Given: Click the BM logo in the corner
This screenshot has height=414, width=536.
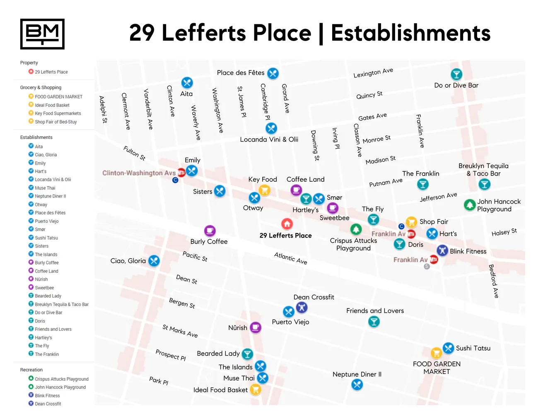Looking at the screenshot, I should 42,34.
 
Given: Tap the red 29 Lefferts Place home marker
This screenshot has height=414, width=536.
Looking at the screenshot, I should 287,224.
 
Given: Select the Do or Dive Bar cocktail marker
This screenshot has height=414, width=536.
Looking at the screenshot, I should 456,74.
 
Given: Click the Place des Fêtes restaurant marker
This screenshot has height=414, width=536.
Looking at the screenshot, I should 273,73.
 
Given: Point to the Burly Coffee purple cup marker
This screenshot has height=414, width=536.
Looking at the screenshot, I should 210,230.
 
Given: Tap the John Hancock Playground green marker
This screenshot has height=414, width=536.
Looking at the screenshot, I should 469,205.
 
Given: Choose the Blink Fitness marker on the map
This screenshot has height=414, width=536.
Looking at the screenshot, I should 442,250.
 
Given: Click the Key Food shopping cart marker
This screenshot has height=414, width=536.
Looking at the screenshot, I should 264,190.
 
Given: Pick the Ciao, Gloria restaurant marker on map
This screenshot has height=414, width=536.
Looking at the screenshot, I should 154,261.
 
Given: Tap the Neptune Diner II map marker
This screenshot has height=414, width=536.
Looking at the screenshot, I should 357,385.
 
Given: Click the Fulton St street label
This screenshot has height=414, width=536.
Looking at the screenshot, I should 134,153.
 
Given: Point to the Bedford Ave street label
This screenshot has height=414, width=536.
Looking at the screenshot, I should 493,281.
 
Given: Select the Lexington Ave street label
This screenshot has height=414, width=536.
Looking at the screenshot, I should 373,73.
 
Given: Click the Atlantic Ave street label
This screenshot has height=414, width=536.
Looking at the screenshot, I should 290,258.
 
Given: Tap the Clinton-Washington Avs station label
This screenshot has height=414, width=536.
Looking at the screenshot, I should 139,173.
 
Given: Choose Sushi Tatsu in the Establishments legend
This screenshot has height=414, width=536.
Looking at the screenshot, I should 46,238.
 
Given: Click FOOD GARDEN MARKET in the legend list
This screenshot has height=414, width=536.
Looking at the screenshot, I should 58,97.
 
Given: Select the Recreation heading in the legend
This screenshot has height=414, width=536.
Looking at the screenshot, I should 31,370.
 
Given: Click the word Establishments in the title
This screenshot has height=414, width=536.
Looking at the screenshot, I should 410,33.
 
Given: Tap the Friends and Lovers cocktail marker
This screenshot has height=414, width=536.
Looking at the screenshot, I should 374,322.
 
